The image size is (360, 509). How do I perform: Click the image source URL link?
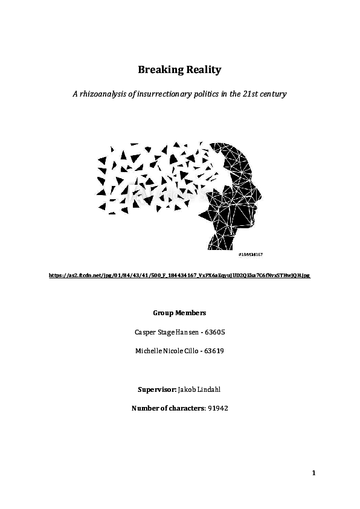coord(179,275)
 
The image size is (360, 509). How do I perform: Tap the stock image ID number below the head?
coord(250,255)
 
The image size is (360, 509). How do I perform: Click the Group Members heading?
coord(179,313)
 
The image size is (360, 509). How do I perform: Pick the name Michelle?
coord(150,351)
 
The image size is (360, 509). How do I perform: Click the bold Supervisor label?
coord(157,389)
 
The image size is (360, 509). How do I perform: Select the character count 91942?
coord(217,409)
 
